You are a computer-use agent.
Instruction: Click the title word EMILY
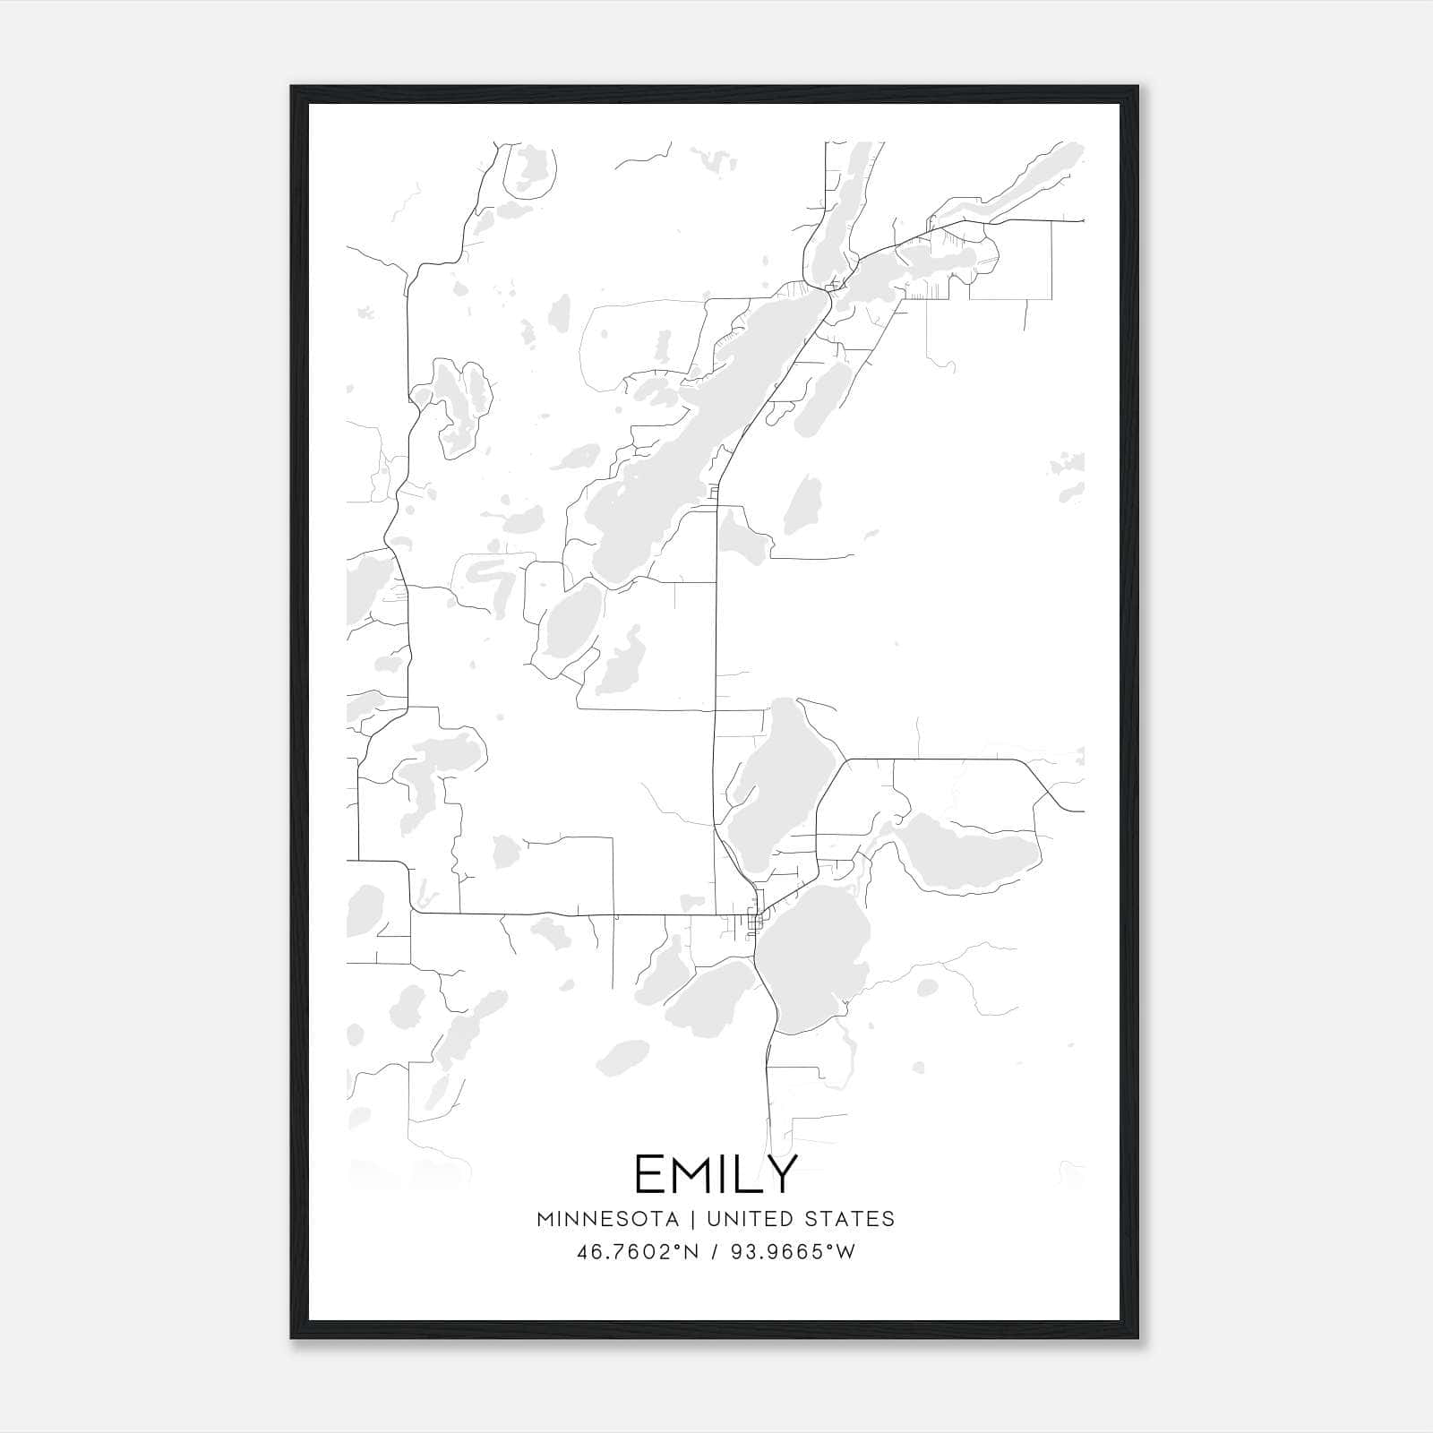click(x=716, y=1174)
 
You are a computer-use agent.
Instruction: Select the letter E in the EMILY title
click(x=650, y=1174)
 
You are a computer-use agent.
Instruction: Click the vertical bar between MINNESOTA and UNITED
click(x=698, y=1218)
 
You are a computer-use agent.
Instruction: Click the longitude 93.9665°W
click(x=792, y=1251)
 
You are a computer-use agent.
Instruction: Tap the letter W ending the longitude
click(x=845, y=1251)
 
